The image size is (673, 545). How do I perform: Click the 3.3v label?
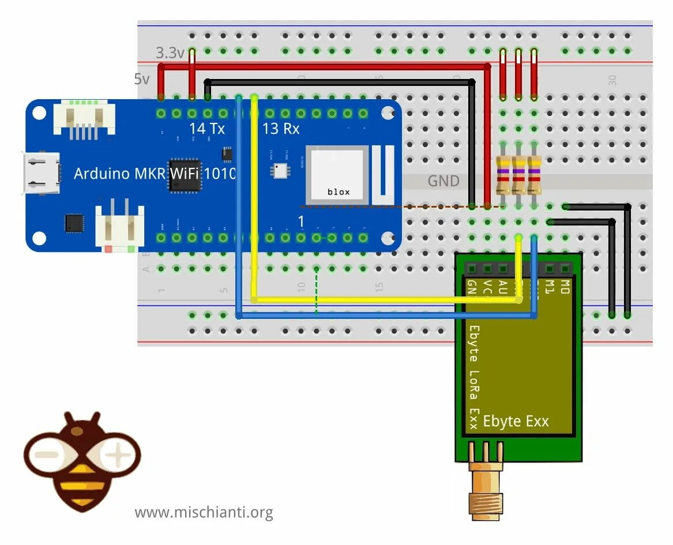(170, 54)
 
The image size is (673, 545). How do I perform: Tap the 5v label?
(142, 80)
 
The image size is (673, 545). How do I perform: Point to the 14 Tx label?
(207, 129)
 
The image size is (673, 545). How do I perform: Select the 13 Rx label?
(281, 129)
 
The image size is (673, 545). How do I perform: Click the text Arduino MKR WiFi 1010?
(155, 172)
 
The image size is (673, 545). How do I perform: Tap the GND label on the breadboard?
(443, 181)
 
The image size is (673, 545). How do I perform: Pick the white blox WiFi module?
(337, 175)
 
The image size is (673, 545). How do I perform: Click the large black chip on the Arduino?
(185, 175)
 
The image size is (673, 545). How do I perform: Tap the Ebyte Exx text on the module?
(516, 421)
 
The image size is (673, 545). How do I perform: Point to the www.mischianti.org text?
(204, 512)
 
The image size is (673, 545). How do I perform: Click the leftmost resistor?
(503, 174)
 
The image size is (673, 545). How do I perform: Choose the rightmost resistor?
(534, 174)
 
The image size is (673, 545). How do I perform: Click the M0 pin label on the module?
(565, 286)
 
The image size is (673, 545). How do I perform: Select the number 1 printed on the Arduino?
(300, 221)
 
